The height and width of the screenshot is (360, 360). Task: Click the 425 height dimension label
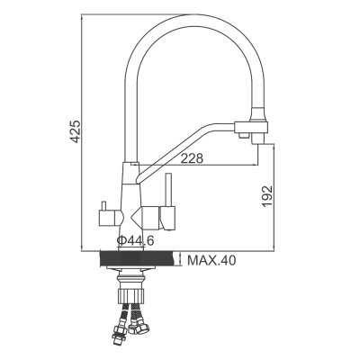[x=75, y=131]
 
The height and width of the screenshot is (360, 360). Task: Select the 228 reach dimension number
[x=192, y=158]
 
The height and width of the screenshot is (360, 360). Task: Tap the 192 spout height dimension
[x=267, y=196]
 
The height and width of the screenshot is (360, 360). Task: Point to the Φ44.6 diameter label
[x=136, y=240]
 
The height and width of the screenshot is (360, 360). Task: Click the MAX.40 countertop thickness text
[x=211, y=260]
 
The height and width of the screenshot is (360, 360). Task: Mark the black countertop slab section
[x=138, y=259]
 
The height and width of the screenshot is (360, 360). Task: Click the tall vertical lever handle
[x=169, y=190]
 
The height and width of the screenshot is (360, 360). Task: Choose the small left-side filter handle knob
[x=103, y=206]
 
